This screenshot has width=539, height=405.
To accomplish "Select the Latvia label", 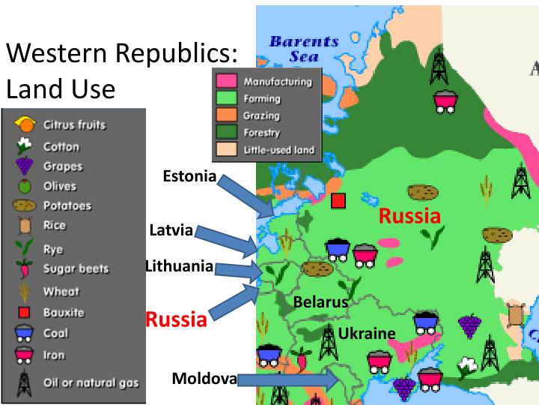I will [171, 229].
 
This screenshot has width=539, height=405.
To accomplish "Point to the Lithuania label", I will [179, 265].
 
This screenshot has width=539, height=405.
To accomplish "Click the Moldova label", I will [204, 378].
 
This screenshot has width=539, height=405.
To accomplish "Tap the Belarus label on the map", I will [320, 302].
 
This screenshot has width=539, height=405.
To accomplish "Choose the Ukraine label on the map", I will [366, 333].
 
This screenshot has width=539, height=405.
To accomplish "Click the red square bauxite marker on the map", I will [338, 201].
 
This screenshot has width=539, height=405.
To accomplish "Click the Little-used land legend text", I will [279, 150].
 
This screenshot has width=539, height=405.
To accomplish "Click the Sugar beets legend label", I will [76, 268].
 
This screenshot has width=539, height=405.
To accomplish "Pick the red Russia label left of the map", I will [175, 319].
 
